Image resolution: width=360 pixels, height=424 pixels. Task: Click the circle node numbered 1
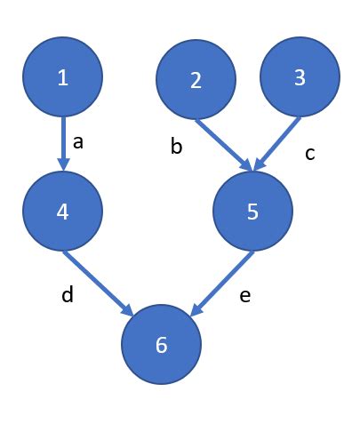click(x=63, y=76)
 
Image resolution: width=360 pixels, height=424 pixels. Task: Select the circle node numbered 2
click(x=196, y=79)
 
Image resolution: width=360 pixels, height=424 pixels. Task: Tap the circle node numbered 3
click(x=300, y=76)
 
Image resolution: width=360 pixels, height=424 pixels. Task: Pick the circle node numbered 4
click(x=63, y=211)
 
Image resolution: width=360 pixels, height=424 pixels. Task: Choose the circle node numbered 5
click(x=252, y=211)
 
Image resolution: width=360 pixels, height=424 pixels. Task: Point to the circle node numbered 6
click(x=162, y=344)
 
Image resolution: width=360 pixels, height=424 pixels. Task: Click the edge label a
click(x=78, y=142)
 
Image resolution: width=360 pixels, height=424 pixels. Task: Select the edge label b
click(x=176, y=146)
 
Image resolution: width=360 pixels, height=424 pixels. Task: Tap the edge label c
click(x=310, y=154)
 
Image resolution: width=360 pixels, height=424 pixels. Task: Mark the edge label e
click(x=245, y=296)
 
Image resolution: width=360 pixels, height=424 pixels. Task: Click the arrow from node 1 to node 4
click(x=63, y=144)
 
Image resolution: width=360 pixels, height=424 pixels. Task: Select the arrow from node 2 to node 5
click(x=223, y=144)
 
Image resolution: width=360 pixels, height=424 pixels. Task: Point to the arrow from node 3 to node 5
click(x=277, y=144)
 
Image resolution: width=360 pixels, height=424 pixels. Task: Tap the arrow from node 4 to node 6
click(x=99, y=284)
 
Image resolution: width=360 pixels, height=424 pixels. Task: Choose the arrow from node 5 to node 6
click(x=222, y=284)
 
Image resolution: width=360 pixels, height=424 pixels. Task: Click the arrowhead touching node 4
click(x=63, y=164)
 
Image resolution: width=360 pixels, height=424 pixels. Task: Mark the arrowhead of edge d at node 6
click(x=128, y=311)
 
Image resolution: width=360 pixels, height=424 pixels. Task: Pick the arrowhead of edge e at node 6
click(x=196, y=310)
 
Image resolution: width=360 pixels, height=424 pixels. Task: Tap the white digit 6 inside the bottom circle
click(x=161, y=345)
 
